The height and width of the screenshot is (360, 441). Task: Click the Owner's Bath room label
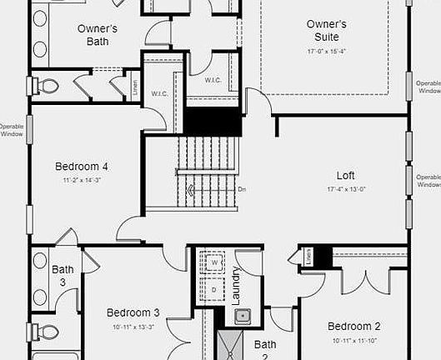97,34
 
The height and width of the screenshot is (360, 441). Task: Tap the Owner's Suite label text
326,30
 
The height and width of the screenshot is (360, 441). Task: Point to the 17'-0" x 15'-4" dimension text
326,52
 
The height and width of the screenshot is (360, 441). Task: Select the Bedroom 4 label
82,166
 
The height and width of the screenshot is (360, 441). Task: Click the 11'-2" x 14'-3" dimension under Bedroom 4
82,180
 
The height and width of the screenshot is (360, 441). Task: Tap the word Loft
345,176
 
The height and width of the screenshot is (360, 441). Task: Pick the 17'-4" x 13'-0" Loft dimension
345,189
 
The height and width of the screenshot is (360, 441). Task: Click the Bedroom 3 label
133,313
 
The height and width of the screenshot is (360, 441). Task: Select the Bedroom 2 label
353,326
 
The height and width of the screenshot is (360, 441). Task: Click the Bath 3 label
63,276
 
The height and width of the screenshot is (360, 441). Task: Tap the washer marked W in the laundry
213,262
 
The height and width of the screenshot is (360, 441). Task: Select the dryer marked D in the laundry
213,288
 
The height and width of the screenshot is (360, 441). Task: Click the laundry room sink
243,316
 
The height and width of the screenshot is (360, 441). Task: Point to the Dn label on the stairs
241,189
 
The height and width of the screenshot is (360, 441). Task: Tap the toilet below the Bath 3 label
46,332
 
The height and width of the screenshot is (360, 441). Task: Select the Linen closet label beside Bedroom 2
308,257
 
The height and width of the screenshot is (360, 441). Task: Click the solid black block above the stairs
212,123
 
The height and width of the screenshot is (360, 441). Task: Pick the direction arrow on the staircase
192,190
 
